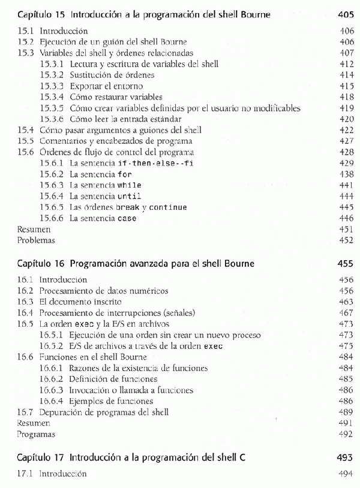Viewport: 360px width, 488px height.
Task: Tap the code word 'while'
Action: pos(129,185)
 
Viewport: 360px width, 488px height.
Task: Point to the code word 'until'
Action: pos(129,196)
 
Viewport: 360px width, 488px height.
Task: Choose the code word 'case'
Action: pos(127,218)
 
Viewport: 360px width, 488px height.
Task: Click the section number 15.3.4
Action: pos(52,97)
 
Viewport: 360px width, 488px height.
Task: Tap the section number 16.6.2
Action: pos(52,379)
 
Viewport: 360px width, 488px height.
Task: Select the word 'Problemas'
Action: pos(36,240)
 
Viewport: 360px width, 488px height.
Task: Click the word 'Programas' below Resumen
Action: pos(36,434)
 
